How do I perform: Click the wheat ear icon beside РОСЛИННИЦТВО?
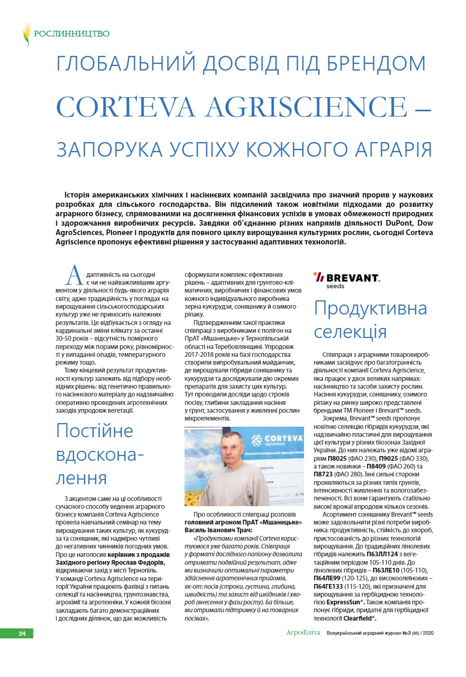[x=26, y=34]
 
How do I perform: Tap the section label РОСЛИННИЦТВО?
[x=72, y=34]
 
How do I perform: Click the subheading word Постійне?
[x=95, y=431]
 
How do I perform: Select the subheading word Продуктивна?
[x=370, y=308]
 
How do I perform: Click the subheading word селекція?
[x=350, y=332]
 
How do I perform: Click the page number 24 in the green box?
[x=22, y=634]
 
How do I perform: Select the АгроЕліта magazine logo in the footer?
[x=303, y=633]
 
